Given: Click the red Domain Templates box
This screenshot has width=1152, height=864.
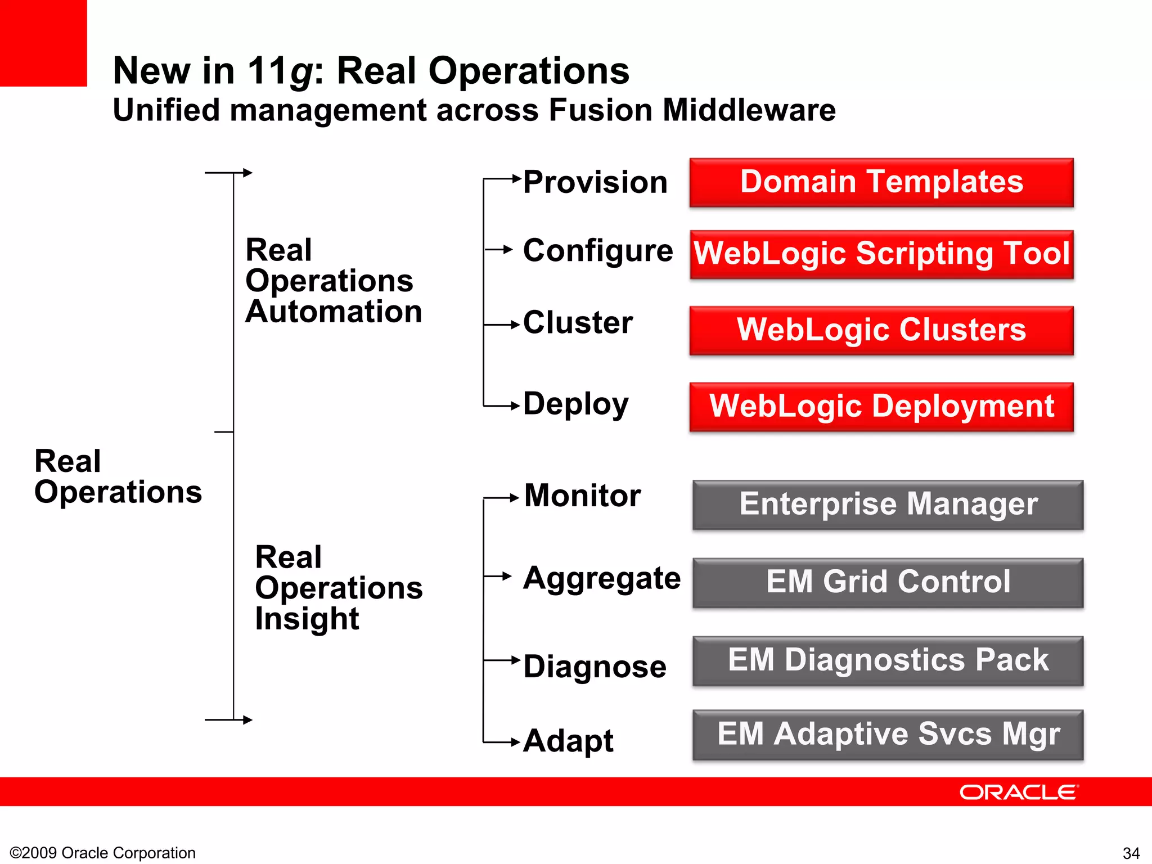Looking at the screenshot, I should (x=881, y=182).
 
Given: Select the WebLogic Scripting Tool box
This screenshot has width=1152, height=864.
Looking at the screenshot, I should (x=881, y=254).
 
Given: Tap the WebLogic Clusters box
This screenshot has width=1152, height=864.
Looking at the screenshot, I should (x=881, y=330).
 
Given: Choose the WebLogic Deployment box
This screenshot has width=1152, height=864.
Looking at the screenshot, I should (x=881, y=407).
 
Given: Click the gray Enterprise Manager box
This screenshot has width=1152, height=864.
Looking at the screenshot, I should (x=888, y=505).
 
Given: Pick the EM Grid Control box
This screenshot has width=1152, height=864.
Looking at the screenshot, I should (x=888, y=582).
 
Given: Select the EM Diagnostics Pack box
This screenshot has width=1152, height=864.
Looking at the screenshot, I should (x=888, y=660).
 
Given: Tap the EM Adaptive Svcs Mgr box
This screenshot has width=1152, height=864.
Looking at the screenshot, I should (x=888, y=735).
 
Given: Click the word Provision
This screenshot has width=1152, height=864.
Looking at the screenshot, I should (x=595, y=182).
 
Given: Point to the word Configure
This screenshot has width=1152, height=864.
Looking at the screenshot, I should (x=597, y=251).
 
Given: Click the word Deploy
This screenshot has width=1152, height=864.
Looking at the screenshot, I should (x=575, y=404).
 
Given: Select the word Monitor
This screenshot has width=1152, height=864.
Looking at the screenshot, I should (x=582, y=496).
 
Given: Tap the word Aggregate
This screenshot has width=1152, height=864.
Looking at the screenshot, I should (x=601, y=578).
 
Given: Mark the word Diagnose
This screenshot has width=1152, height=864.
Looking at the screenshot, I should (x=595, y=667).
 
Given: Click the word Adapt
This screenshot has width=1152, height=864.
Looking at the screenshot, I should (x=568, y=741).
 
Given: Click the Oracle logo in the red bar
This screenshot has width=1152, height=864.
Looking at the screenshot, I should (x=1018, y=792).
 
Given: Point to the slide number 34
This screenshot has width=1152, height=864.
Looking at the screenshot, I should (x=1131, y=853).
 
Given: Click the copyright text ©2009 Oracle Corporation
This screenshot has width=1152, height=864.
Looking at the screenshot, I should (x=103, y=853).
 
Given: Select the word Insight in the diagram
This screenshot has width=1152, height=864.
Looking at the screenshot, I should (x=307, y=619).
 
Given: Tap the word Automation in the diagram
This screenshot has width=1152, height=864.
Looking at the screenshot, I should (x=334, y=312).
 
